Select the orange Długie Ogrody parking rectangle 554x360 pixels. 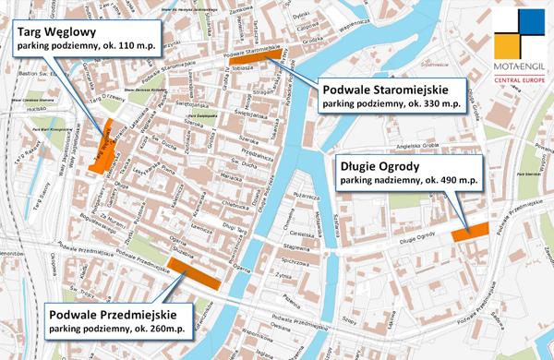coord(470,233)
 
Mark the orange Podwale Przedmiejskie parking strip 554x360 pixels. coord(195,274)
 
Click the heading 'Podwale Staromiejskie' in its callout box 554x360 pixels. coord(384,91)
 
